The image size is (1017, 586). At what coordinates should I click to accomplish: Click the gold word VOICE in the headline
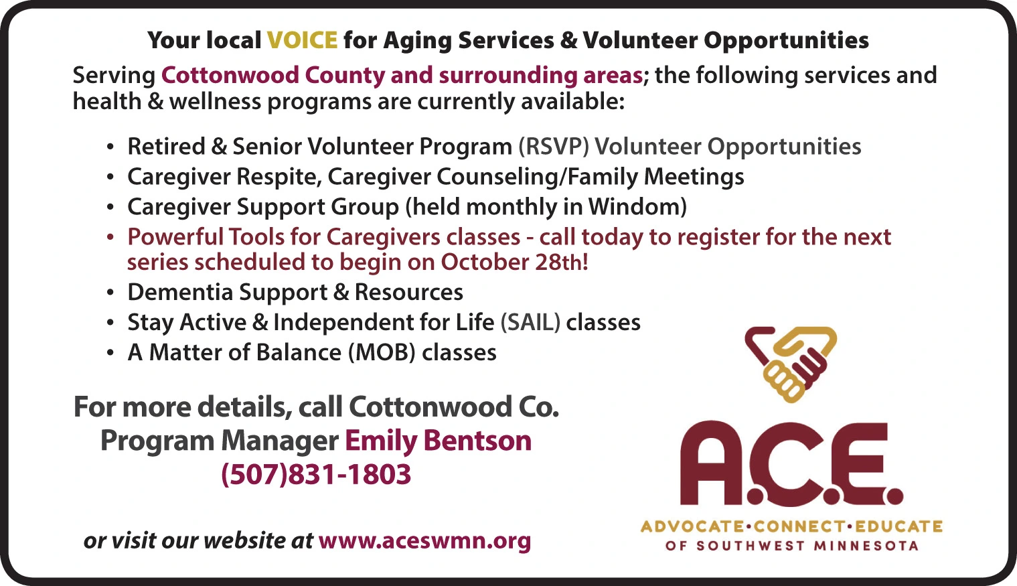tap(303, 40)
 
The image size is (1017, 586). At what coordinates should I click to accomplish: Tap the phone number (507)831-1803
tap(316, 474)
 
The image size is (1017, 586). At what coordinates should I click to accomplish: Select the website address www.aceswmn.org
tap(425, 541)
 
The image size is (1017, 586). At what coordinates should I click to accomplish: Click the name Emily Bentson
tap(438, 441)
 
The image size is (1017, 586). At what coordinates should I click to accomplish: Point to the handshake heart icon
tap(791, 364)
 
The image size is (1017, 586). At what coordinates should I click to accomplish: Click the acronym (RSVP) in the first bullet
tap(554, 147)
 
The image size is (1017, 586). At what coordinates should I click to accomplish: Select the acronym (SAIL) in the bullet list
tap(530, 323)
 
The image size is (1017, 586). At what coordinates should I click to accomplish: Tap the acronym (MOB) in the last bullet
tap(382, 352)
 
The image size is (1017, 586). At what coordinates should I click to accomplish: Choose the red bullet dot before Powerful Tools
tap(110, 238)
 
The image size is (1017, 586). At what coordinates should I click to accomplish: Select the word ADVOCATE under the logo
tap(692, 527)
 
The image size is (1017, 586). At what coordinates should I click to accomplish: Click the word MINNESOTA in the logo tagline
tap(866, 546)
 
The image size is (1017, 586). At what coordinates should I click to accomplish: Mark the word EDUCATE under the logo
tap(899, 527)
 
